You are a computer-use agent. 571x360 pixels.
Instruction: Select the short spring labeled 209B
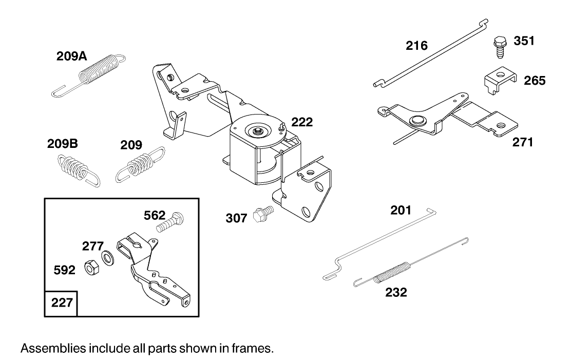(x=77, y=167)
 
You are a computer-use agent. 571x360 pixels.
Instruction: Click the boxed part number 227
(x=62, y=303)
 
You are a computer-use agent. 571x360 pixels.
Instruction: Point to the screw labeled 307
(x=262, y=215)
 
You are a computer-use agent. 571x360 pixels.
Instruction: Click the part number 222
(x=302, y=122)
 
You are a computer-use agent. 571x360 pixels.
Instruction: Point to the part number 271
(x=523, y=142)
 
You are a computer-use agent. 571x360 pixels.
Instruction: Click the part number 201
(x=401, y=210)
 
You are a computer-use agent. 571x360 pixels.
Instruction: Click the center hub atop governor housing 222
(x=256, y=131)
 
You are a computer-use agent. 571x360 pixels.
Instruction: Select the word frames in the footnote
(x=255, y=348)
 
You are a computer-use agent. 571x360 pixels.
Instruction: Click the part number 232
(x=396, y=293)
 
